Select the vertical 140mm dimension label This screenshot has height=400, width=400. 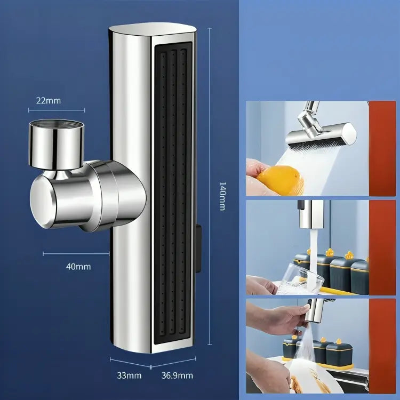pos(222,196)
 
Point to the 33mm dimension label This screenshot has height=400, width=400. pos(130,375)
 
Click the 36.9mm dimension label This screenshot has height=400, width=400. pos(177,375)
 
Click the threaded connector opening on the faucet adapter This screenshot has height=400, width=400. pos(57,126)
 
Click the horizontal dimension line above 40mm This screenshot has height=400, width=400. pos(77,253)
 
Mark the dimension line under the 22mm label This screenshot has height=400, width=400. pos(56,110)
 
